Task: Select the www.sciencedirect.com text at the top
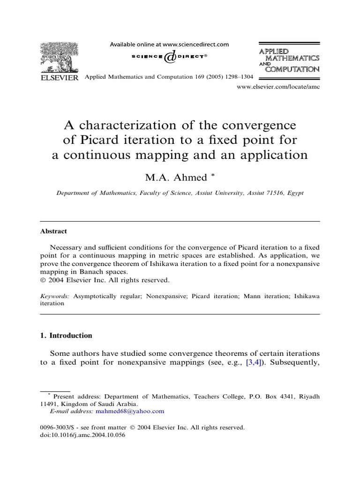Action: [x=196, y=45]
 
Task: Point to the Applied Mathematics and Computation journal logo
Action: [x=289, y=60]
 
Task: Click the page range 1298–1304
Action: [x=240, y=76]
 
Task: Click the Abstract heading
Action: [x=53, y=231]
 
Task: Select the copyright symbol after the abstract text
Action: [x=43, y=280]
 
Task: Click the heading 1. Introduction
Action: [x=66, y=336]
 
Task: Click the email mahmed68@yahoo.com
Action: [x=130, y=411]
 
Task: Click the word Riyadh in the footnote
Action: [x=308, y=396]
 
